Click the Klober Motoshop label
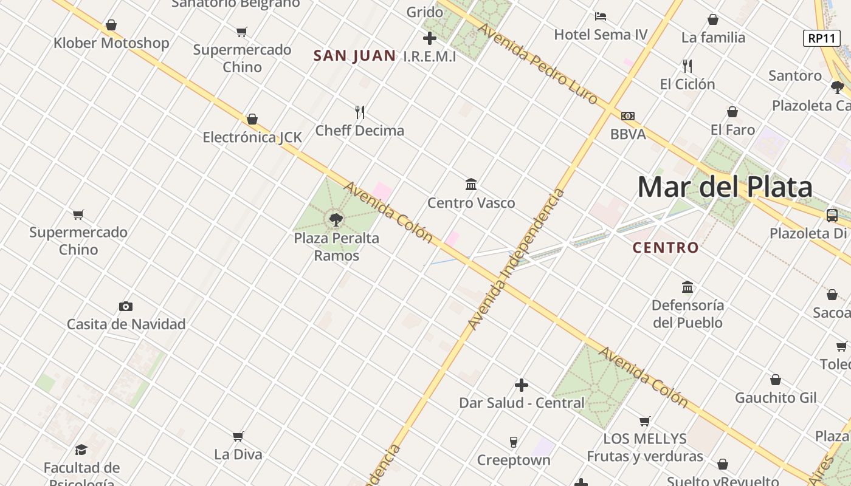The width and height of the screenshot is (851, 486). click(x=111, y=43)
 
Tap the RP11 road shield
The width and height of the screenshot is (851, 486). click(x=821, y=38)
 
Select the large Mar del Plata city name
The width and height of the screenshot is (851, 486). click(x=725, y=187)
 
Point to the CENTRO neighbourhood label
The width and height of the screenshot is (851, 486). click(x=666, y=248)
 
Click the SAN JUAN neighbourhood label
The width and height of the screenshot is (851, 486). click(x=354, y=56)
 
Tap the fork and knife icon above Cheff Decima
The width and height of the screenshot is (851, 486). click(x=360, y=112)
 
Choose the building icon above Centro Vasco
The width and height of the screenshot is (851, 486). click(x=471, y=184)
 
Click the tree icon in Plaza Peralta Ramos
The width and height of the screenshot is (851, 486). click(x=336, y=219)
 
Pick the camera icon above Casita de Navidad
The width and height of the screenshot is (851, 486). click(x=126, y=306)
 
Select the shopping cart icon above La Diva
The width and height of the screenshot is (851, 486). click(x=238, y=436)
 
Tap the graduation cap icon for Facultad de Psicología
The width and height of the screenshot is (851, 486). click(x=81, y=450)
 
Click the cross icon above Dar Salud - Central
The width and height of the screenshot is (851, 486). click(x=521, y=385)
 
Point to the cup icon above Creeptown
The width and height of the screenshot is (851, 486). click(x=514, y=442)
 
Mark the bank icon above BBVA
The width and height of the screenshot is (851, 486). click(x=628, y=115)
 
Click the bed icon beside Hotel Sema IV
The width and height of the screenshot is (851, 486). click(x=601, y=16)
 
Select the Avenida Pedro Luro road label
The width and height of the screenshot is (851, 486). click(x=537, y=63)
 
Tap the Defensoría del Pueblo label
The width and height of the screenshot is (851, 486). click(x=687, y=313)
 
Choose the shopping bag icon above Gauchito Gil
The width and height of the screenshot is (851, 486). click(x=776, y=380)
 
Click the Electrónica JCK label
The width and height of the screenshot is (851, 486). click(x=252, y=137)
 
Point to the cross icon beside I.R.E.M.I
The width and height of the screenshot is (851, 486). click(x=430, y=38)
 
